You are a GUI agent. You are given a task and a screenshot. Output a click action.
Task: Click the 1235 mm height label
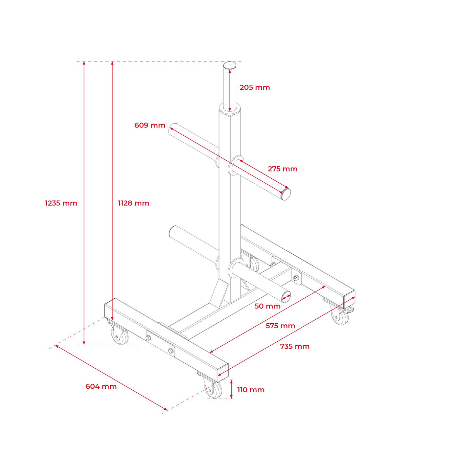coord(61,203)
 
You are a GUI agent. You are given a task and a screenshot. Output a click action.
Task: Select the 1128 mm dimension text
coord(133,203)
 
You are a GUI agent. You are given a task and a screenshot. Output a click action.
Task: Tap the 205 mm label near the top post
coord(255,87)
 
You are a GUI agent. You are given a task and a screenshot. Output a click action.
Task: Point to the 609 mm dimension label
coord(150,125)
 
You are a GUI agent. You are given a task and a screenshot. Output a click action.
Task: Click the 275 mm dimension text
coord(283,169)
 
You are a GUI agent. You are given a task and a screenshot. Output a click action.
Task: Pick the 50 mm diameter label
coord(267,306)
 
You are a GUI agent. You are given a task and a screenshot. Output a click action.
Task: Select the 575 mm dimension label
coord(280,326)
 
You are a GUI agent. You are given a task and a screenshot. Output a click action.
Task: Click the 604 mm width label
coord(101,386)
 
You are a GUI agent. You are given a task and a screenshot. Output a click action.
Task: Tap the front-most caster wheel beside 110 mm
coord(213,390)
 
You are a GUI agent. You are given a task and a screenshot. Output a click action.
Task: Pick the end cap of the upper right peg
coord(286,194)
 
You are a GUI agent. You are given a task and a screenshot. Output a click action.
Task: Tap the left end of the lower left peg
coord(172,231)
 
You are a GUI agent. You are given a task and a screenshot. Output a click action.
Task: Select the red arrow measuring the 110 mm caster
coord(231,389)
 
